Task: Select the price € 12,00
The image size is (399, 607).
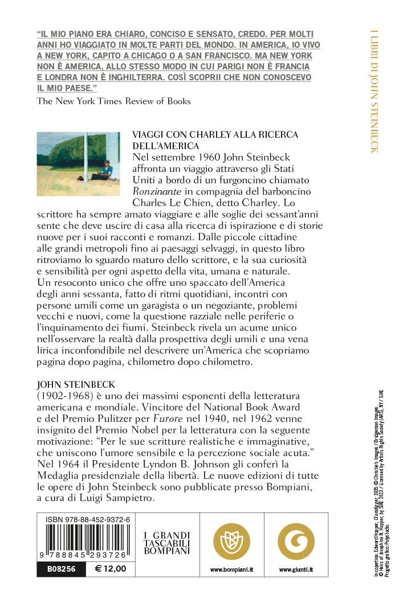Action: (x=111, y=568)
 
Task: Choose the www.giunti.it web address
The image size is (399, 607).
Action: (x=296, y=569)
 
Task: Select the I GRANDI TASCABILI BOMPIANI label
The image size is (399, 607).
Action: (x=166, y=543)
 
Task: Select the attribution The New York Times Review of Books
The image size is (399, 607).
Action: (x=113, y=101)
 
